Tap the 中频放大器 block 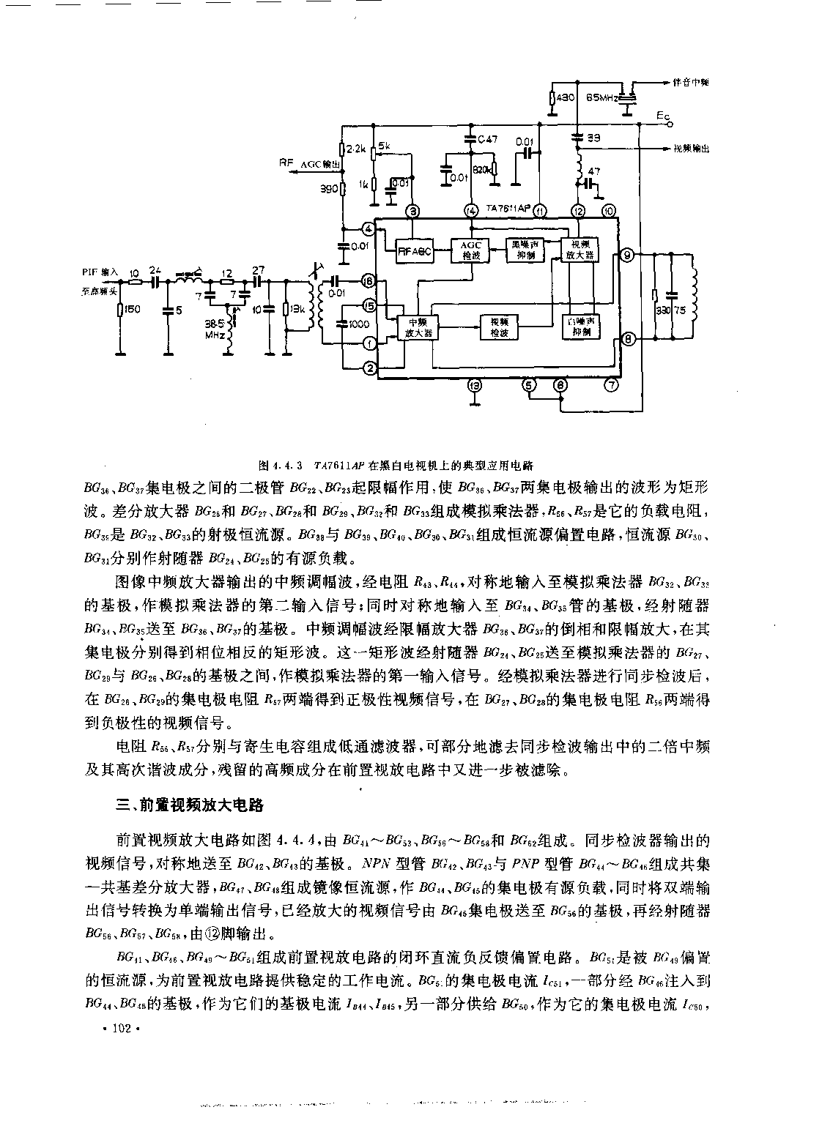click(x=415, y=327)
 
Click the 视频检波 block click(x=499, y=327)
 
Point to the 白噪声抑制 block click(x=582, y=327)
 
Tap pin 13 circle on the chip click(x=475, y=385)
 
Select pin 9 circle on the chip click(x=626, y=256)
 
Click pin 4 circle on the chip click(x=369, y=229)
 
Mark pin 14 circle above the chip click(x=470, y=212)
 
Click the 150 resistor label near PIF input click(x=131, y=310)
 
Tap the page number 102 click(x=120, y=1029)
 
